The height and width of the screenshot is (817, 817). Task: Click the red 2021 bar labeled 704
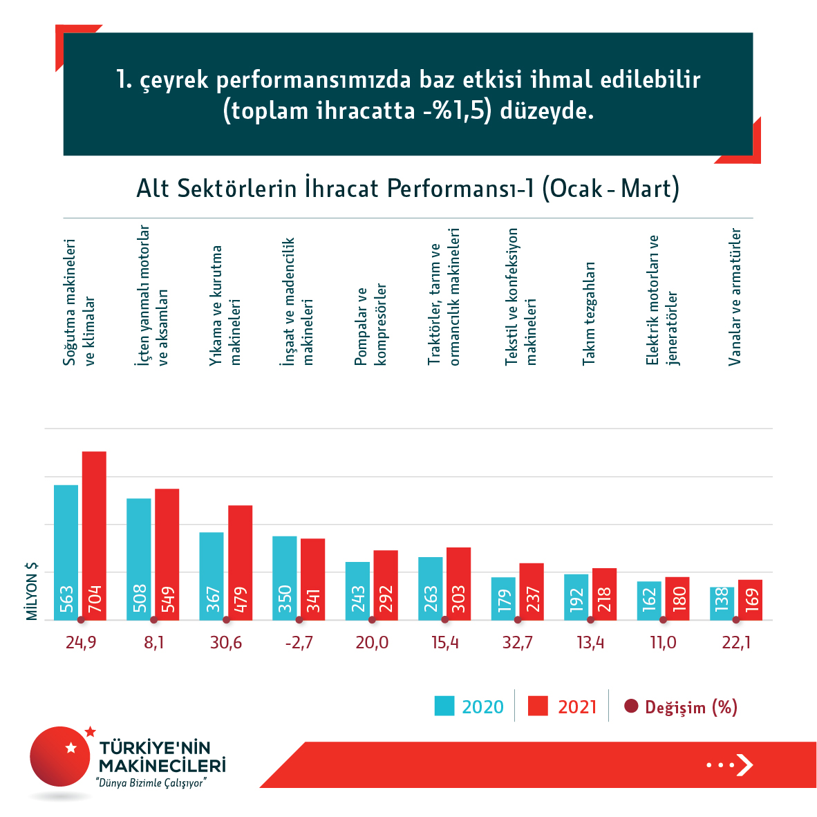click(x=94, y=535)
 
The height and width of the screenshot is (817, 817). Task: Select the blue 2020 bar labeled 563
click(x=66, y=552)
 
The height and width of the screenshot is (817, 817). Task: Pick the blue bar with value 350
click(x=284, y=578)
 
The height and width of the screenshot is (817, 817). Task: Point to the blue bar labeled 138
click(x=722, y=603)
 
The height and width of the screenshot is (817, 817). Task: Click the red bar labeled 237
click(x=532, y=591)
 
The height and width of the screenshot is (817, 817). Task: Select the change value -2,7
click(x=299, y=643)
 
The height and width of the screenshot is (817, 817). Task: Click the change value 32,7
click(x=518, y=643)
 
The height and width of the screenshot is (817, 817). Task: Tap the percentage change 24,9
click(x=81, y=643)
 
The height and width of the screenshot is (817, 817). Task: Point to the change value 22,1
click(x=736, y=643)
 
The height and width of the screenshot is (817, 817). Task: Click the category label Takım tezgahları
click(x=589, y=314)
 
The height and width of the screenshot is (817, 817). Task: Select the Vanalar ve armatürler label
click(x=735, y=297)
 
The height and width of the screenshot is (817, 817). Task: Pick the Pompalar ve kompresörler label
click(x=370, y=325)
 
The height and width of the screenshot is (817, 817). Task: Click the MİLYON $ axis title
click(x=32, y=590)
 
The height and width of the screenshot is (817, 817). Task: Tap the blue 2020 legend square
click(x=444, y=706)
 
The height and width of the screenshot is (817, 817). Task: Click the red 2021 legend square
click(x=538, y=706)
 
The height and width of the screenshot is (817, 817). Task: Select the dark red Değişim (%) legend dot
click(x=630, y=706)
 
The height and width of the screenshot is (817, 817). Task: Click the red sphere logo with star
click(x=61, y=755)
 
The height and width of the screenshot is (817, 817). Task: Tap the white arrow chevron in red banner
click(x=744, y=764)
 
